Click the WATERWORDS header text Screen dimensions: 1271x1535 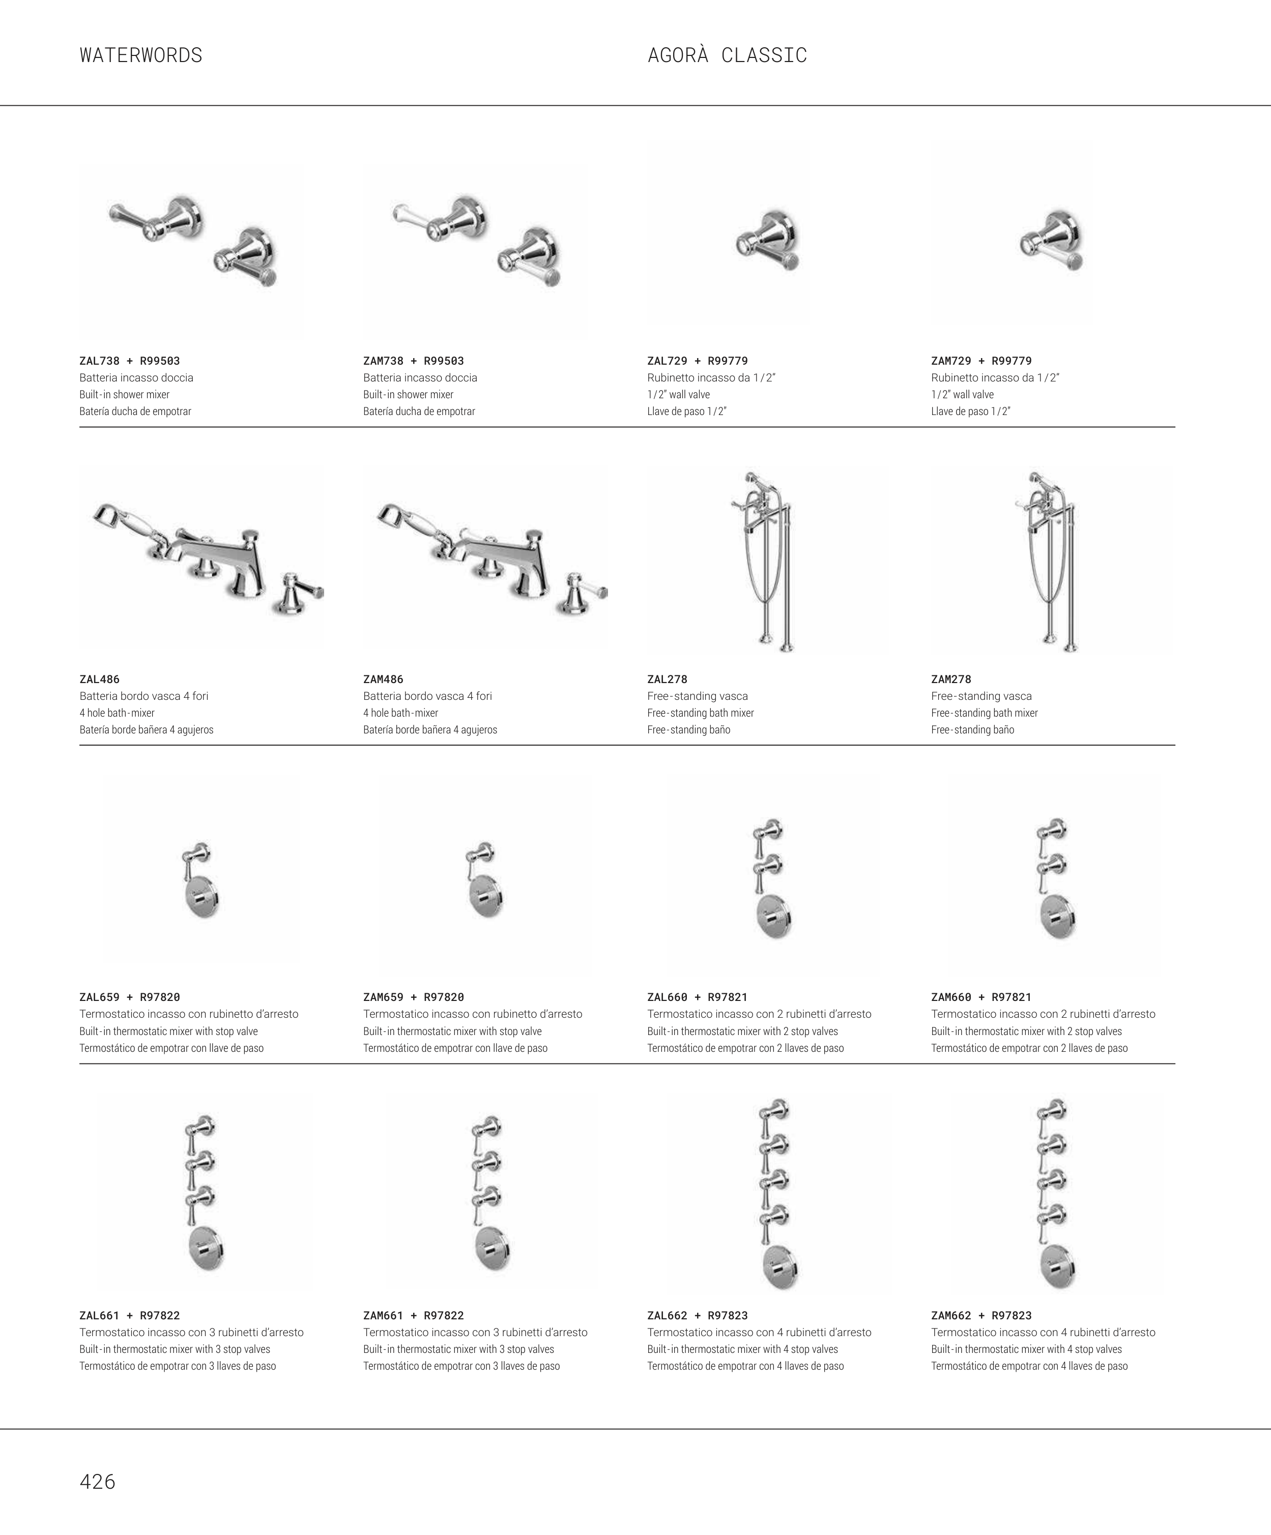click(141, 55)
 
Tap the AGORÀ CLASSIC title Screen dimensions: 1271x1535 click(727, 55)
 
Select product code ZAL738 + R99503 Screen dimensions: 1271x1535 click(129, 361)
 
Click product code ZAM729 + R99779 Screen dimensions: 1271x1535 click(981, 361)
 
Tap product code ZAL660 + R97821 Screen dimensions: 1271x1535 click(698, 997)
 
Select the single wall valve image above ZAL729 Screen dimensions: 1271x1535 click(768, 241)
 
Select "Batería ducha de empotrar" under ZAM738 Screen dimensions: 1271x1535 click(419, 411)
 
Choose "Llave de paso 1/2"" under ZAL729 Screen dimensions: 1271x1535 click(687, 411)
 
